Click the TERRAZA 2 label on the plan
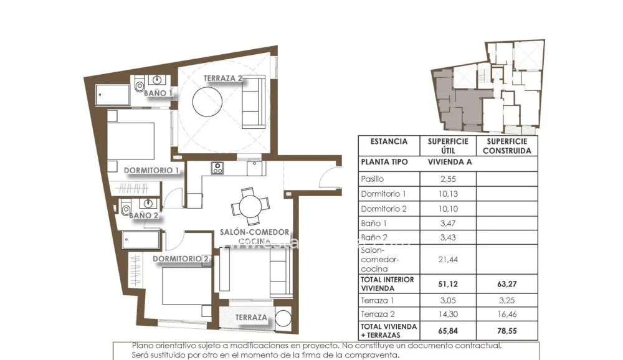[222, 78]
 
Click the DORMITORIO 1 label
[151, 170]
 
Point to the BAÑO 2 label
[143, 216]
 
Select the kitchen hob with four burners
[217, 167]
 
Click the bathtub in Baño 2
[141, 240]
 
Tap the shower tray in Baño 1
[113, 95]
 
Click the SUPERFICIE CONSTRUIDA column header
[506, 146]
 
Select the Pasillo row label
[373, 178]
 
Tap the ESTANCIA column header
[389, 141]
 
